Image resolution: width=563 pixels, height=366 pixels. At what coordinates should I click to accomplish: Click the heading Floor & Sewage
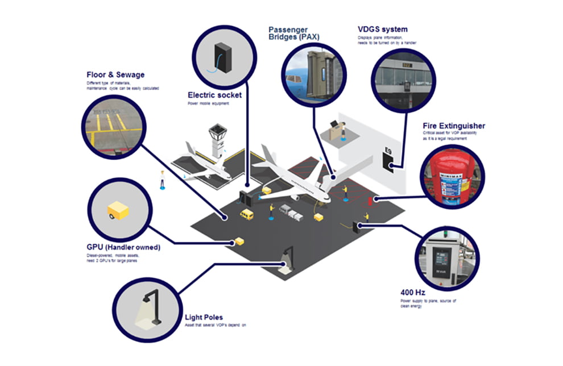click(x=115, y=74)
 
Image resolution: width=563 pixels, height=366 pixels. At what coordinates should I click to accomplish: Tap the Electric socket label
click(x=214, y=95)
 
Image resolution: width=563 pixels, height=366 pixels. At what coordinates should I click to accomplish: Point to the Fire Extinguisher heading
click(x=454, y=126)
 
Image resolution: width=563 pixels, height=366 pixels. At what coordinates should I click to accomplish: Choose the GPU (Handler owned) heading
click(x=123, y=247)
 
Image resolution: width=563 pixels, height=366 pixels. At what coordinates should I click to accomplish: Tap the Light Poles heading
click(x=204, y=317)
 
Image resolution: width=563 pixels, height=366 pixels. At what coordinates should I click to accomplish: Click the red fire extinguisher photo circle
click(x=452, y=176)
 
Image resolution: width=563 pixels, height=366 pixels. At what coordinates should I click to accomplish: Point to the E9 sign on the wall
click(x=388, y=151)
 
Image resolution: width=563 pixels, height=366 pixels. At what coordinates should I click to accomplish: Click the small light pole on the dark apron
click(x=287, y=255)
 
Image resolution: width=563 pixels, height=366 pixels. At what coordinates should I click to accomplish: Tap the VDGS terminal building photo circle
click(x=400, y=81)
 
